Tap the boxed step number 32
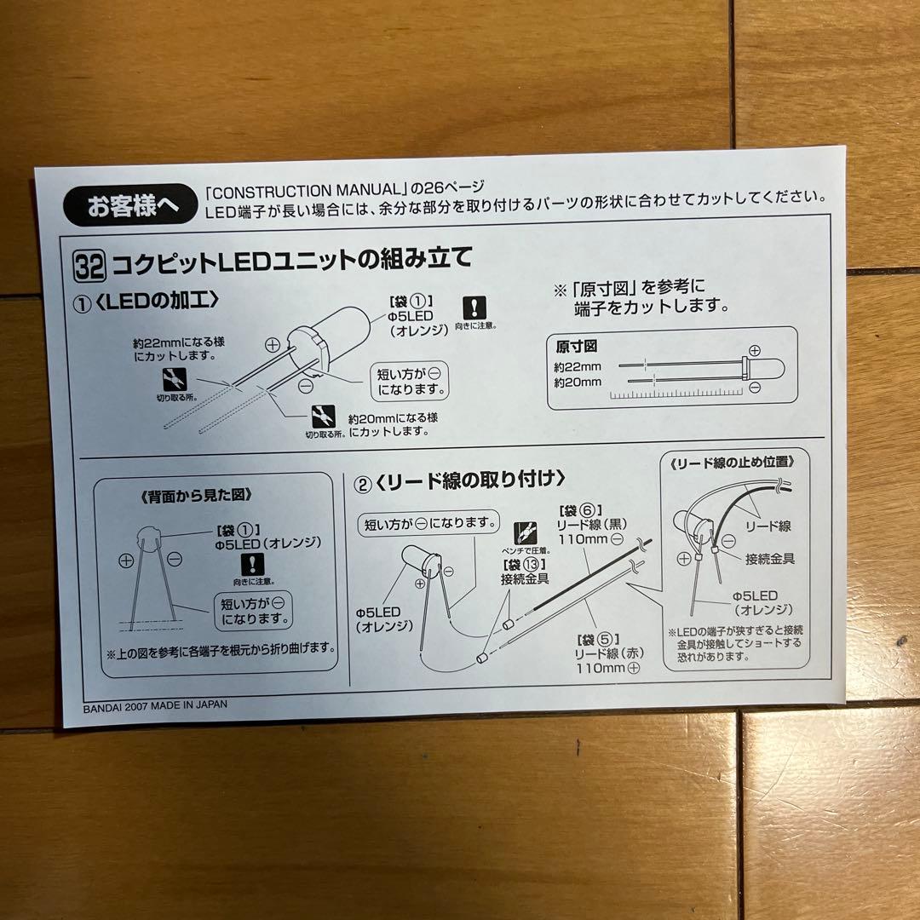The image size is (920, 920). click(89, 266)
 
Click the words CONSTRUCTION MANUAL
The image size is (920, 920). click(296, 187)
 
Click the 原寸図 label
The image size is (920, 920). click(578, 347)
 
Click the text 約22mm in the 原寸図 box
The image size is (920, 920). click(577, 366)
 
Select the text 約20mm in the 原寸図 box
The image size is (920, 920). click(577, 382)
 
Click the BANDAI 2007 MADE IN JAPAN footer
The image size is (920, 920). click(156, 705)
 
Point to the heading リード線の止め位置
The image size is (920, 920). click(733, 463)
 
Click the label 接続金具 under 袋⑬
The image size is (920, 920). click(524, 579)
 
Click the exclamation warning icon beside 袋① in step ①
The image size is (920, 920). click(474, 308)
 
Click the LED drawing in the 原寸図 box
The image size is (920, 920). click(754, 368)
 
